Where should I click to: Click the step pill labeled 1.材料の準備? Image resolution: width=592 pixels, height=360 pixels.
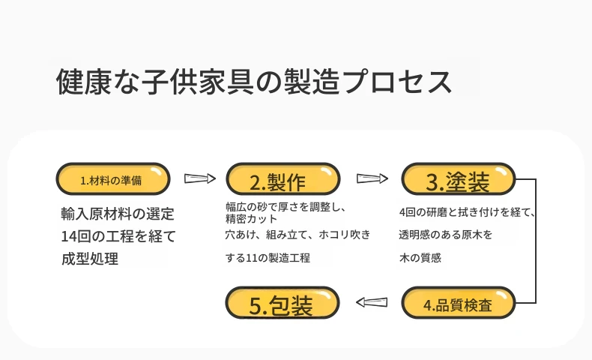[113, 179]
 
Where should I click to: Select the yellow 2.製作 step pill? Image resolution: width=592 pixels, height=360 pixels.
[283, 179]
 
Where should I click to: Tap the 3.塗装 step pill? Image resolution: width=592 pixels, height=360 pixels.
[459, 179]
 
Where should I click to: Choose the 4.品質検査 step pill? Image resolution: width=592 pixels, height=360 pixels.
[459, 303]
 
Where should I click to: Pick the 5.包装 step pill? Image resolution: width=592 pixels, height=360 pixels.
[283, 303]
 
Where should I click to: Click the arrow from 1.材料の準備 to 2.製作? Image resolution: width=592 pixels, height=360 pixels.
[200, 178]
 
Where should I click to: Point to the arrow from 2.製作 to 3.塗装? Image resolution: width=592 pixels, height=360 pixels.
[372, 178]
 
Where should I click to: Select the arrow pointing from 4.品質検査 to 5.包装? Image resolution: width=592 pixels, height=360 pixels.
[372, 302]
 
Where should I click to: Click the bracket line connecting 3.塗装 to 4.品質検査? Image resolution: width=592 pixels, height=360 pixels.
[536, 241]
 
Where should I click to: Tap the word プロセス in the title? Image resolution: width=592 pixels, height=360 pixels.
[398, 81]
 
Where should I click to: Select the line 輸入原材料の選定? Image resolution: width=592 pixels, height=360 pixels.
[118, 214]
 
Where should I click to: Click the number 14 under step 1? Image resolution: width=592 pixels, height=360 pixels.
[69, 236]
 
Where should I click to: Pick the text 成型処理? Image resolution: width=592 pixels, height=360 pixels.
[90, 259]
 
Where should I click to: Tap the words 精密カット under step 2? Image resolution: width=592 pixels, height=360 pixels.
[252, 219]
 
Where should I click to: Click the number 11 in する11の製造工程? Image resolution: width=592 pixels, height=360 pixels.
[252, 259]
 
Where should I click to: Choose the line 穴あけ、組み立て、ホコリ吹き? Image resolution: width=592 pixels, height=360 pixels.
[298, 235]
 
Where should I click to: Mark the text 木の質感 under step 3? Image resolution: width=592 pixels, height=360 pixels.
[420, 258]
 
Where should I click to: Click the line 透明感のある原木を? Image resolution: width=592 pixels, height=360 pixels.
[446, 235]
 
